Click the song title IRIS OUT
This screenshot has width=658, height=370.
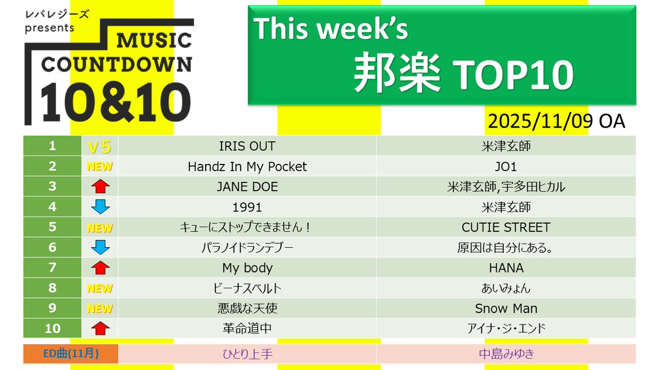coord(247,146)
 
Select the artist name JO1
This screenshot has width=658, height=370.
coord(506,167)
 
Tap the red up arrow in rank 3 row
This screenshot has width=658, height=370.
coord(100,187)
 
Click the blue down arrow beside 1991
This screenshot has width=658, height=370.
coord(100,207)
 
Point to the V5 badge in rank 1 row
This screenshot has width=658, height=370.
coord(100,146)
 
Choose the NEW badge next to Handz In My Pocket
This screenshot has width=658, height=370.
coord(100,167)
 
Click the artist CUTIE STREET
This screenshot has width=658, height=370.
coord(506,227)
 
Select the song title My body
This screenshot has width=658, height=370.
coord(247,267)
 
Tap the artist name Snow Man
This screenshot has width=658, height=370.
coord(506,308)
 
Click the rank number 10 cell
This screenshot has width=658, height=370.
coord(52,328)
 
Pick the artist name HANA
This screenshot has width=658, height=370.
coord(506,267)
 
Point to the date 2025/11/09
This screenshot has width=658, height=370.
coord(540,121)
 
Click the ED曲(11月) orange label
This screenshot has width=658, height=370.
coord(71,354)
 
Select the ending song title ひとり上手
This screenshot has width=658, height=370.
coord(247,354)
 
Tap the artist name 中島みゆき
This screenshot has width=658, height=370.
coord(506,354)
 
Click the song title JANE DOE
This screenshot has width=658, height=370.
coord(247,187)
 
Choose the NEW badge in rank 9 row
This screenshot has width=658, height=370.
coord(100,308)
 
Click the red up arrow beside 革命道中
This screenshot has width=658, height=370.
coord(100,329)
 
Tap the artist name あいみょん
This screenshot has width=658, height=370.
coord(506,288)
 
